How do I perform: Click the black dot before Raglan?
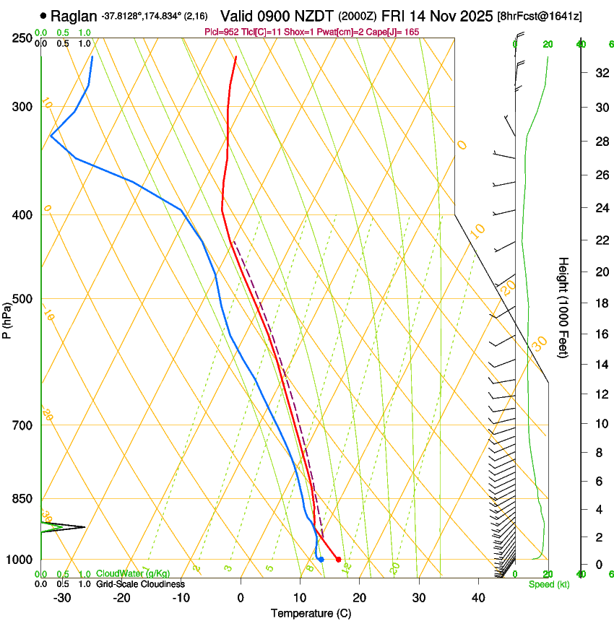[44, 15]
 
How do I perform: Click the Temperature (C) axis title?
[311, 613]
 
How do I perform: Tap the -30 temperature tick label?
[62, 597]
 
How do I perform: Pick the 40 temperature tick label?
[477, 597]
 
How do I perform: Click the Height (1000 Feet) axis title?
[564, 307]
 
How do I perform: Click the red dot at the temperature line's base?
[338, 560]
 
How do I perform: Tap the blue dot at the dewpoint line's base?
[321, 560]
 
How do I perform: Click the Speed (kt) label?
[548, 584]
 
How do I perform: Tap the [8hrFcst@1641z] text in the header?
[540, 15]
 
